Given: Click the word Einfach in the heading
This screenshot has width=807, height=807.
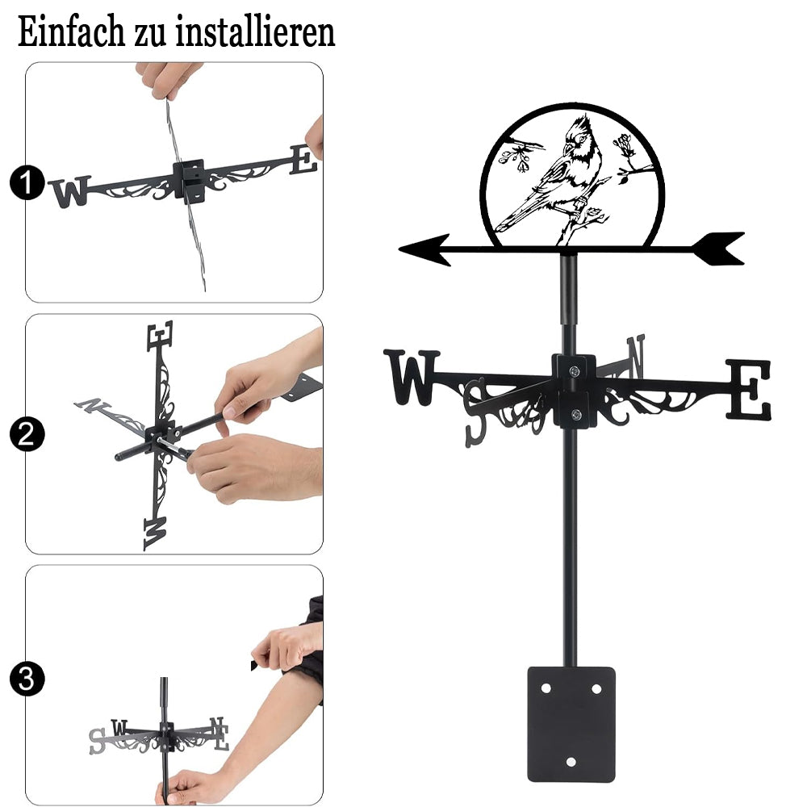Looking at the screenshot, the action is click(72, 31).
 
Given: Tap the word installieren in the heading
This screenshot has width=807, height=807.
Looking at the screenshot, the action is click(255, 31).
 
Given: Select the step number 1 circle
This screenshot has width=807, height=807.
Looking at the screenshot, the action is click(27, 182).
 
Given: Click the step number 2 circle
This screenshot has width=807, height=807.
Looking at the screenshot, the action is click(27, 435).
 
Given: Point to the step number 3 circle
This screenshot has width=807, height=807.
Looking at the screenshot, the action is click(27, 679).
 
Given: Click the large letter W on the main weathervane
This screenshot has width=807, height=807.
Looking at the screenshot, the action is click(412, 377).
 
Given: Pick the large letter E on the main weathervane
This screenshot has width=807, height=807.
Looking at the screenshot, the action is click(748, 389).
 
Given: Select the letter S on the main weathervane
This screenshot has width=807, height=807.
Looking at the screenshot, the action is click(475, 412).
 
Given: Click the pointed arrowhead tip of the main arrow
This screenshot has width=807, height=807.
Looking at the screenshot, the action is click(400, 249).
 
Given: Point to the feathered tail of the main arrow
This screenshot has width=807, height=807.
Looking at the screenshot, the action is click(719, 249).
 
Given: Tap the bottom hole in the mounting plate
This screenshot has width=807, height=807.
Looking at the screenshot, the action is click(571, 762).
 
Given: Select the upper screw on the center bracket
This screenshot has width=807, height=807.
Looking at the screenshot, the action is click(574, 370).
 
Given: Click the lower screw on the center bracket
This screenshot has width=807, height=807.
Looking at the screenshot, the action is click(576, 414).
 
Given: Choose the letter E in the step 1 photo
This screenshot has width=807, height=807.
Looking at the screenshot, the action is click(303, 160).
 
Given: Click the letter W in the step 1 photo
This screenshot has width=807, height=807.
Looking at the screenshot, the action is click(71, 192).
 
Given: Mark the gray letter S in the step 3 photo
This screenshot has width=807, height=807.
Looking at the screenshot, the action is click(96, 741).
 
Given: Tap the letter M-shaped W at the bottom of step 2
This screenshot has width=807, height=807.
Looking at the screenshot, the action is click(155, 533).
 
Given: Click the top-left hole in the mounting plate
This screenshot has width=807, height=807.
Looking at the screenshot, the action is click(546, 688).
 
